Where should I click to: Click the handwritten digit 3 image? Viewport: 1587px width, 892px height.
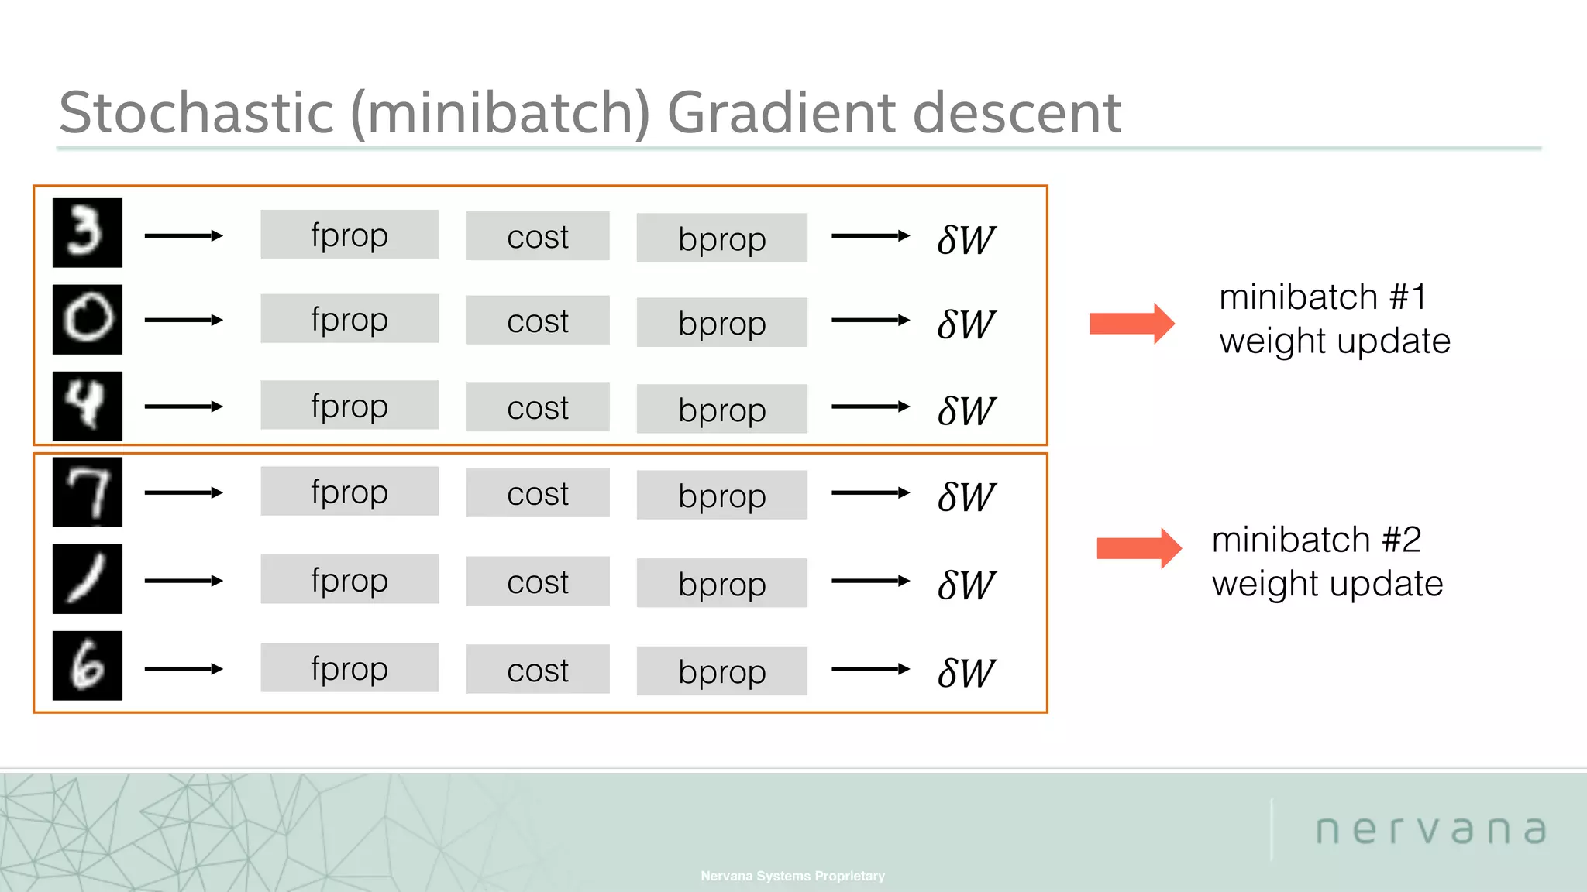tap(87, 232)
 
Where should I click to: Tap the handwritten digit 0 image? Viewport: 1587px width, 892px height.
tap(87, 319)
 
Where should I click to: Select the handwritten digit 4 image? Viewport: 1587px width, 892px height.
tap(87, 406)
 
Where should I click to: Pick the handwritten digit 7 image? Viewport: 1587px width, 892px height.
tap(87, 492)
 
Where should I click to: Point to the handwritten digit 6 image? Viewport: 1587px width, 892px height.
tap(87, 665)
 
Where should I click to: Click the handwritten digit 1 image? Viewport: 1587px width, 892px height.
tap(87, 578)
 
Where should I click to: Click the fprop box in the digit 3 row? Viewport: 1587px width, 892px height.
tap(349, 235)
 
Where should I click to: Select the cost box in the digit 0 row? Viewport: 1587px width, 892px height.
tap(537, 321)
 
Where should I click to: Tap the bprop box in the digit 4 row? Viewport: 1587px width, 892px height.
tap(721, 409)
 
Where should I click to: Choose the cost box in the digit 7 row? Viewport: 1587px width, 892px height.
tap(537, 493)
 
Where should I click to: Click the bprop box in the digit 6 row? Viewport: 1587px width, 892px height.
tap(721, 671)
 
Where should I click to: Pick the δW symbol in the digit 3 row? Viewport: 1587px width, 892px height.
tap(966, 240)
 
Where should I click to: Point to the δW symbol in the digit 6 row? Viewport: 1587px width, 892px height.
tap(966, 673)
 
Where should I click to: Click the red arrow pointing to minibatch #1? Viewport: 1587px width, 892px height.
tap(1131, 323)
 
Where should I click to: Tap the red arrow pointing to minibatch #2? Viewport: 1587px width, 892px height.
tap(1138, 548)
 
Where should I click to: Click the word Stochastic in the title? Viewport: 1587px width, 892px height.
tap(196, 113)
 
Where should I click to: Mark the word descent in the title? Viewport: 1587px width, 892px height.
tap(1016, 113)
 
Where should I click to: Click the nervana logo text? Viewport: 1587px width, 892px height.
tap(1430, 830)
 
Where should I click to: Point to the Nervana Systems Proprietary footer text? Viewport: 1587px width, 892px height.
tap(792, 876)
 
